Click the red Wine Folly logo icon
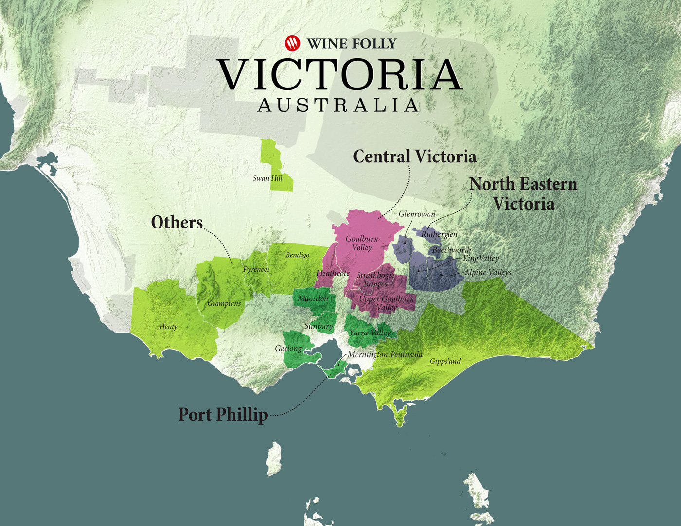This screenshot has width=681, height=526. (x=292, y=43)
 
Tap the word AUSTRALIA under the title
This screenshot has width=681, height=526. (x=339, y=105)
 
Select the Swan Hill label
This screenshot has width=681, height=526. (x=268, y=178)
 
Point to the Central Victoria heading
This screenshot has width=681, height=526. (x=414, y=157)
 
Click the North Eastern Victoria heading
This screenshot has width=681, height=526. (x=523, y=193)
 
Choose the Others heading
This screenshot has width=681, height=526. (x=177, y=222)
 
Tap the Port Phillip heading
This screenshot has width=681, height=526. (x=223, y=414)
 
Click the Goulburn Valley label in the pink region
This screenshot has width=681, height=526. (x=362, y=243)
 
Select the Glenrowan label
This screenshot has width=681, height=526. (x=417, y=214)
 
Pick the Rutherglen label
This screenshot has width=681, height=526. (x=439, y=234)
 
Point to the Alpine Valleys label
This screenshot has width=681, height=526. (x=487, y=272)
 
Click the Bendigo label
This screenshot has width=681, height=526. (x=297, y=255)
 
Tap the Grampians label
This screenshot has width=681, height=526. (x=224, y=303)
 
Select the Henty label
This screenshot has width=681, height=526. (x=168, y=327)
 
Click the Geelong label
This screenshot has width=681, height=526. (x=288, y=348)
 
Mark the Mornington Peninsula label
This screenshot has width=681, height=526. (x=385, y=355)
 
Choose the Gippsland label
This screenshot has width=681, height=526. (x=445, y=361)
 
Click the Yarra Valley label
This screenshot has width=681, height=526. (x=370, y=333)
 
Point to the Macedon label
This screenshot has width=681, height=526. (x=313, y=298)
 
